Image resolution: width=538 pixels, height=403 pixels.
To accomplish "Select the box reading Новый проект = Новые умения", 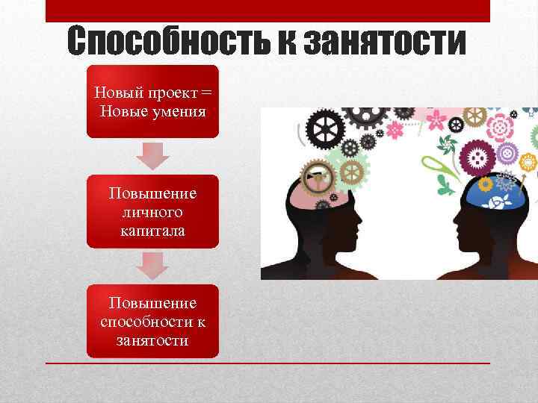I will [x=152, y=101].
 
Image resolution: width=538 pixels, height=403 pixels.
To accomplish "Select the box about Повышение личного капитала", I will [x=152, y=211].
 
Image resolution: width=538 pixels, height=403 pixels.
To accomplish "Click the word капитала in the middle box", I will [x=152, y=231].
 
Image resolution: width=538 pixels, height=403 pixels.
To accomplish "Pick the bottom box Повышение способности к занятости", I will [x=152, y=321].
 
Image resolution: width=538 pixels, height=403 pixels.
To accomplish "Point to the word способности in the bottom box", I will [x=148, y=322].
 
